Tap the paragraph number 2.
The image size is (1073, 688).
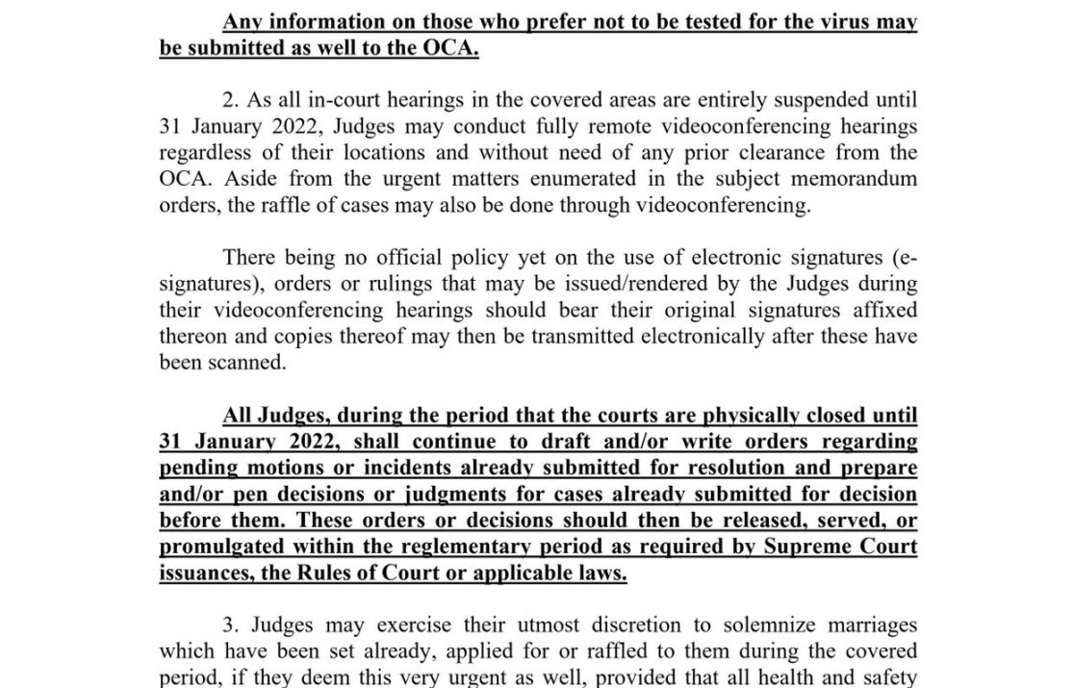[231, 100]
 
